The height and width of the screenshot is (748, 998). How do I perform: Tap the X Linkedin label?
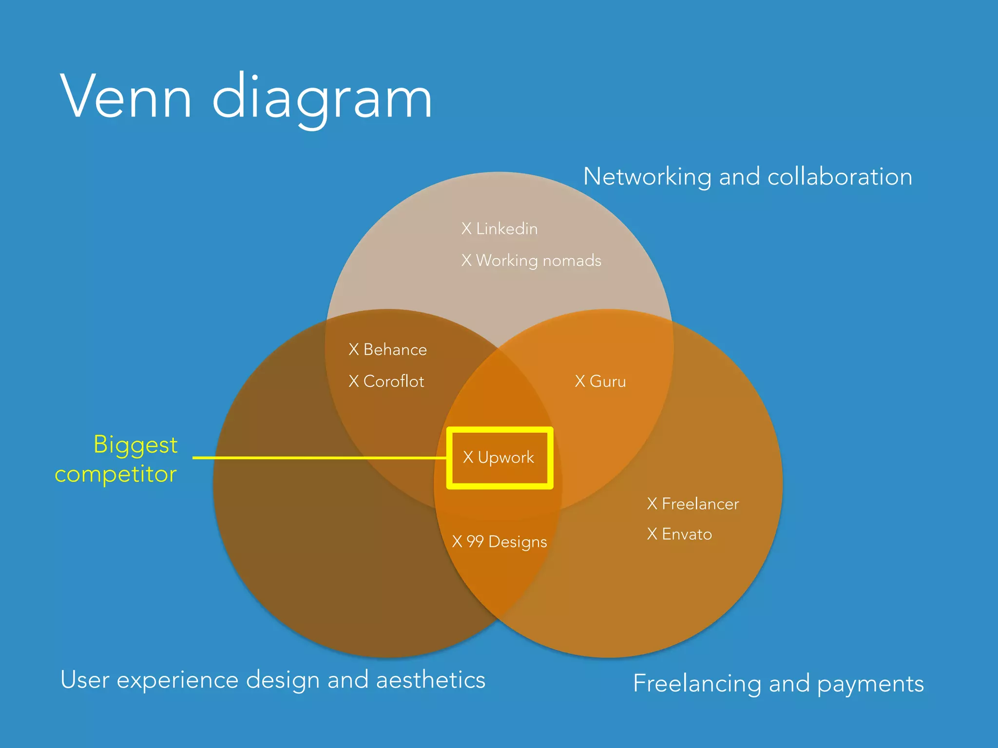(x=499, y=228)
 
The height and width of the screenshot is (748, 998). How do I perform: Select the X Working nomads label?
(x=531, y=261)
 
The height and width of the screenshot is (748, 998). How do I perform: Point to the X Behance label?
(x=388, y=350)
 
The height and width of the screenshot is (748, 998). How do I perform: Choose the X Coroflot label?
(x=386, y=381)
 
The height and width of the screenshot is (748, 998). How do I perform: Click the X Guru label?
(x=600, y=381)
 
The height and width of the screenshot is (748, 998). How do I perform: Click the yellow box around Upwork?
(x=499, y=430)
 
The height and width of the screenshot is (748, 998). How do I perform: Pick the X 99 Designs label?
(x=499, y=542)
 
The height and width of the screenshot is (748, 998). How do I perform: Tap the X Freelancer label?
(x=693, y=504)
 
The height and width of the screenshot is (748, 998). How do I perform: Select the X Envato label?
(x=679, y=534)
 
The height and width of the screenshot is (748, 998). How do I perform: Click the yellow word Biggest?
(x=135, y=445)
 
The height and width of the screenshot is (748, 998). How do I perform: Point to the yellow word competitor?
(x=115, y=474)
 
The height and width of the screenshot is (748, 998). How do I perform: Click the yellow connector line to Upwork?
(x=317, y=458)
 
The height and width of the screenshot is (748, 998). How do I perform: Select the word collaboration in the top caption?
(x=840, y=177)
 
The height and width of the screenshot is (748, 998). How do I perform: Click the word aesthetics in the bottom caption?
(x=431, y=680)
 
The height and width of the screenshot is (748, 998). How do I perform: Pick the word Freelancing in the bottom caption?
(x=697, y=684)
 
